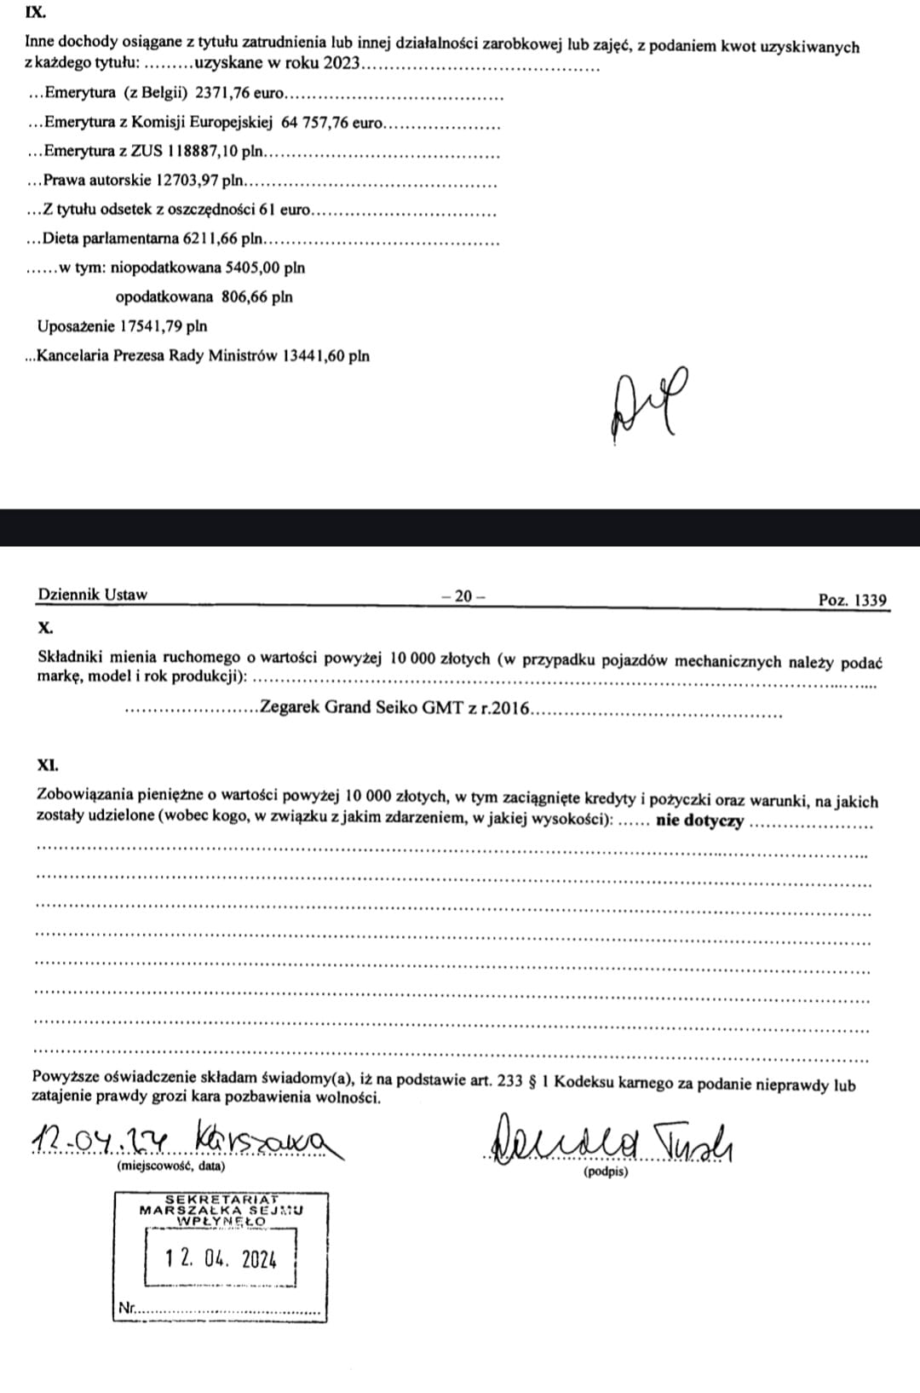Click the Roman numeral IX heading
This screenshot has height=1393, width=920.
tap(35, 14)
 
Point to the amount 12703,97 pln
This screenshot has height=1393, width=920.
tap(200, 181)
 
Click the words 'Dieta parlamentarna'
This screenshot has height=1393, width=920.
tap(111, 239)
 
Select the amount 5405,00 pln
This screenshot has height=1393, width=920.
tap(264, 268)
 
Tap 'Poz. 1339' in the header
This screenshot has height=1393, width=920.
tap(852, 600)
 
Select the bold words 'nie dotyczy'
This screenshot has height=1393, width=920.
tap(699, 821)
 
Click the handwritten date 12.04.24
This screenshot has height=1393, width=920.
tap(101, 1139)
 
